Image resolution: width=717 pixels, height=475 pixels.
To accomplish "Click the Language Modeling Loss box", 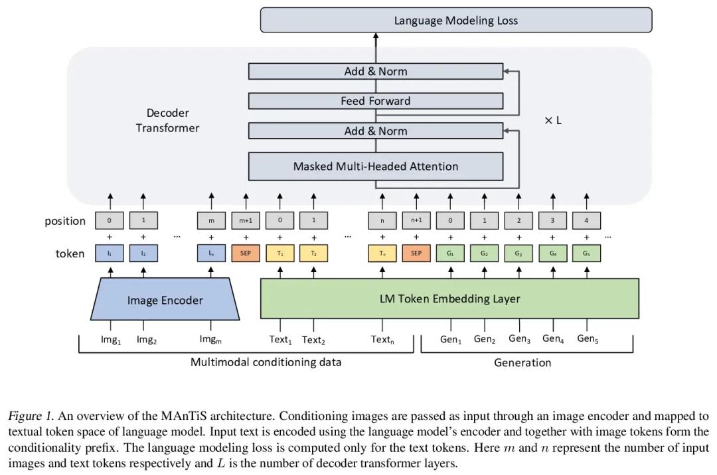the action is [x=456, y=20].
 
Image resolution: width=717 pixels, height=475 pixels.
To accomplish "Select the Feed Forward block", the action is [x=375, y=101].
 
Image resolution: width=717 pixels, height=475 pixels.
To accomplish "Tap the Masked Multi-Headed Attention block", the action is [x=375, y=167].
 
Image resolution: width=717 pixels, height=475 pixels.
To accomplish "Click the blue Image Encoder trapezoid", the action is [x=165, y=299].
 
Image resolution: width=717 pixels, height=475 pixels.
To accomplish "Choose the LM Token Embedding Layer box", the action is [x=449, y=299].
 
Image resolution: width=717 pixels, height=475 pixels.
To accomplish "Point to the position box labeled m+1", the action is [x=246, y=221].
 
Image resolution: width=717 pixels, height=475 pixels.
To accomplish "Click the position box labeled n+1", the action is [x=416, y=221].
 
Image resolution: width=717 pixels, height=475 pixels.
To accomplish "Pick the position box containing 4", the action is [x=586, y=221].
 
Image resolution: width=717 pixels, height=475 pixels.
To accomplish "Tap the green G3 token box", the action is [x=518, y=253].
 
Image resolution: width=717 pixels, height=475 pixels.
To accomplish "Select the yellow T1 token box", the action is [x=280, y=253].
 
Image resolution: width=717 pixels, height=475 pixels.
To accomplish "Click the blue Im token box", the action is [x=211, y=253].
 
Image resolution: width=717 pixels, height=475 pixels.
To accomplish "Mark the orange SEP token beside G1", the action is [x=416, y=253].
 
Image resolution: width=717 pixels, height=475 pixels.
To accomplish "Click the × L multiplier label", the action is [x=553, y=121].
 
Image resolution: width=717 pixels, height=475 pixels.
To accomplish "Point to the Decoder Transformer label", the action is [x=167, y=121].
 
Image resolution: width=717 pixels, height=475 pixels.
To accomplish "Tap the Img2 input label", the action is [x=146, y=340].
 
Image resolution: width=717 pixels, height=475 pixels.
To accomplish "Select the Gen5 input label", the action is [x=588, y=339].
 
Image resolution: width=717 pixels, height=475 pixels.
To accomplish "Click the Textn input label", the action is [x=382, y=340].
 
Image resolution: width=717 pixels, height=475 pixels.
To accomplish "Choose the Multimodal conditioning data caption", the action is [x=266, y=362].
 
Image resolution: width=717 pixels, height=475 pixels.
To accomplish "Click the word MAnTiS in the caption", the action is [x=184, y=416].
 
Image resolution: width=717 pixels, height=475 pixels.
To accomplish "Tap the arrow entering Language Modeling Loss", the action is [x=376, y=48].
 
